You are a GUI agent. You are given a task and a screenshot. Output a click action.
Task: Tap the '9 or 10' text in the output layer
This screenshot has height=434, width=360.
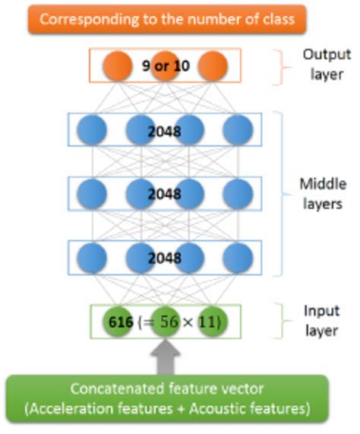[x=165, y=66]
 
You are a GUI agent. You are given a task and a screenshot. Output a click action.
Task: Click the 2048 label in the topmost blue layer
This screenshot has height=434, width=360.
[x=165, y=131]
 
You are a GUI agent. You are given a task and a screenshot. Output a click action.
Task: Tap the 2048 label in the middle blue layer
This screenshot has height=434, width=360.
[x=165, y=195]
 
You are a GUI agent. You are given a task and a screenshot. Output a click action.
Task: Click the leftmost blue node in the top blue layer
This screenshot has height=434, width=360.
[x=92, y=131]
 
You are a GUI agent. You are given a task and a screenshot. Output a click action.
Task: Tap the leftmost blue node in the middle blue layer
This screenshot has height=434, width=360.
[x=92, y=195]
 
